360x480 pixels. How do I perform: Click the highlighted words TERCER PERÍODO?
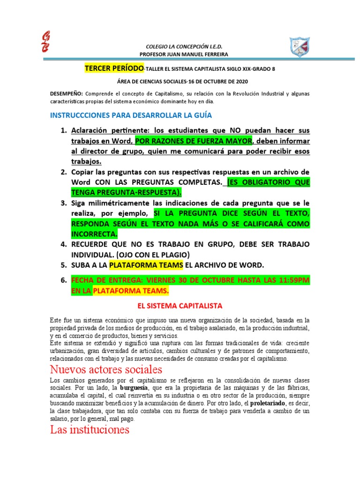114,68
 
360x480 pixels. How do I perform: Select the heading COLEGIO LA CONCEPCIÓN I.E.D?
181,47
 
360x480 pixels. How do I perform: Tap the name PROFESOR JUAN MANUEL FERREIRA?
181,54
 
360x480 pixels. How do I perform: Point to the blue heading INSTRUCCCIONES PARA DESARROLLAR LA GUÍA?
127,115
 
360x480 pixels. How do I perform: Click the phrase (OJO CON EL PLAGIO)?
149,255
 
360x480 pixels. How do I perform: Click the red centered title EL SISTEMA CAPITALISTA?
179,306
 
